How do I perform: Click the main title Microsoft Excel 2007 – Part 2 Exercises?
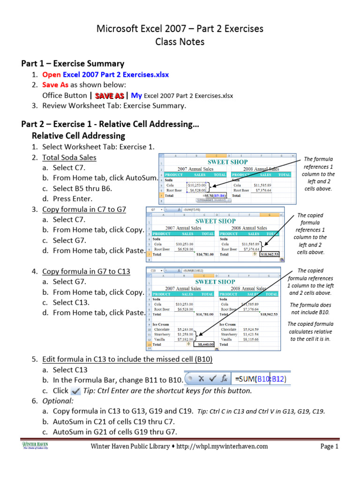[x=180, y=29]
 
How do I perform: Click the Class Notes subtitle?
[x=180, y=42]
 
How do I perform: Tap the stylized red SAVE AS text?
[x=110, y=96]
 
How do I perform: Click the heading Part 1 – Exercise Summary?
[x=73, y=63]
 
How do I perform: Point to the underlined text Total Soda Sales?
[x=69, y=157]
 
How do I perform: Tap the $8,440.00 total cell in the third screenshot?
[x=205, y=344]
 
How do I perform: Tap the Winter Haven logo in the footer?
[x=35, y=445]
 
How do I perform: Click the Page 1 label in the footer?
[x=329, y=446]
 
